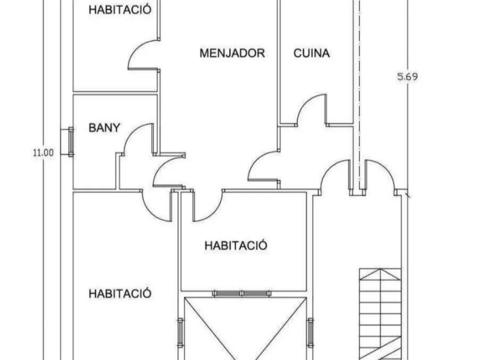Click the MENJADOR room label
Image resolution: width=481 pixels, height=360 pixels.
pos(232,53)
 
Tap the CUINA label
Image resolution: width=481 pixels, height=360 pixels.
pos(312,53)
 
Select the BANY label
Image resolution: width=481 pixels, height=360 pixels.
pos(104,128)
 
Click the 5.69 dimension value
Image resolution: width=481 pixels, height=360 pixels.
pos(407,77)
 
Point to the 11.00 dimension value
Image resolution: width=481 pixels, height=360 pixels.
pos(43,153)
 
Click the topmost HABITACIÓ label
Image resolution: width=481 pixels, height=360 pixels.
pos(120,9)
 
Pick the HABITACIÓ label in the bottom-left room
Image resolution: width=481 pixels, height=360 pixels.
pos(120,294)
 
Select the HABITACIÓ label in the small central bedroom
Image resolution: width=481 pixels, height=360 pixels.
pos(236,245)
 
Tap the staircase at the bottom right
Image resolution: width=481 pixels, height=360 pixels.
pos(380,311)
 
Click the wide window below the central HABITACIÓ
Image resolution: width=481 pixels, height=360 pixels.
pos(242,294)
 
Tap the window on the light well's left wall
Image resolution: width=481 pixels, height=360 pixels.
pos(180,332)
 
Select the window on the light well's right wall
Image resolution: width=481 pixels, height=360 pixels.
pos(310,332)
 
